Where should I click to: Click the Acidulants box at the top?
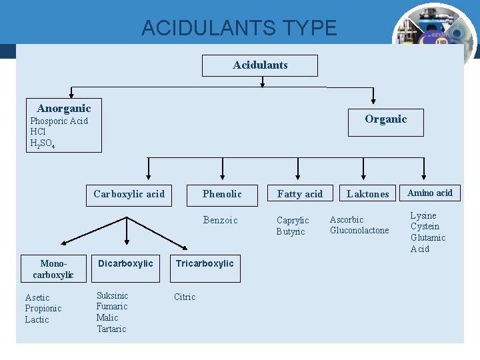(x=260, y=65)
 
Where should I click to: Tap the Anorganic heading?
(x=64, y=108)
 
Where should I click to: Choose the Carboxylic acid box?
(x=129, y=194)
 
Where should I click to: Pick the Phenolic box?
(x=222, y=194)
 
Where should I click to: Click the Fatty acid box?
(x=299, y=194)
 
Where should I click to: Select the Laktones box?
(x=367, y=194)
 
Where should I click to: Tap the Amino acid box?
(x=430, y=193)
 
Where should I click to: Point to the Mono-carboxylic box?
(x=53, y=269)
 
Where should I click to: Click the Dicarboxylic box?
(x=125, y=263)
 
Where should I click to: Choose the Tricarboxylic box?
(x=205, y=263)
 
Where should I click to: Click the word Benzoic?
(x=220, y=220)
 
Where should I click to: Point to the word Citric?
(x=185, y=297)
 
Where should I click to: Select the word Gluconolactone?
(x=359, y=231)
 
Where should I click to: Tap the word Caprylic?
(x=293, y=221)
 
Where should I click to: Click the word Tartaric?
(x=111, y=329)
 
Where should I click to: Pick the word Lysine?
(x=423, y=215)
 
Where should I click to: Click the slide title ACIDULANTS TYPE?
(x=239, y=28)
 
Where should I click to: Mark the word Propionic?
(x=43, y=309)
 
